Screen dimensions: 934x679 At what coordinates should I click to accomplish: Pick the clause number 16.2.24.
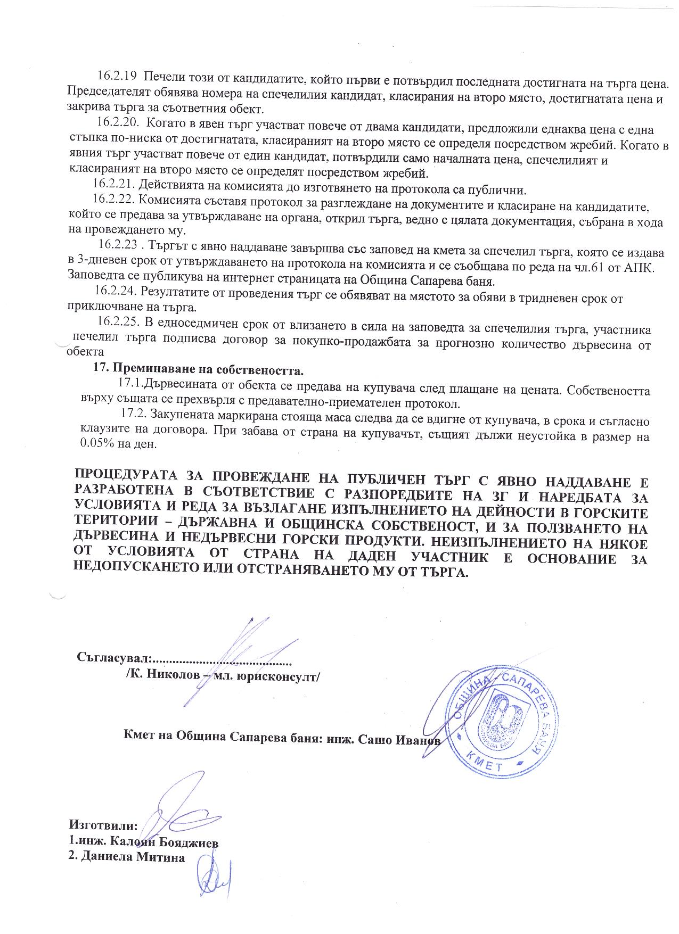point(114,291)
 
